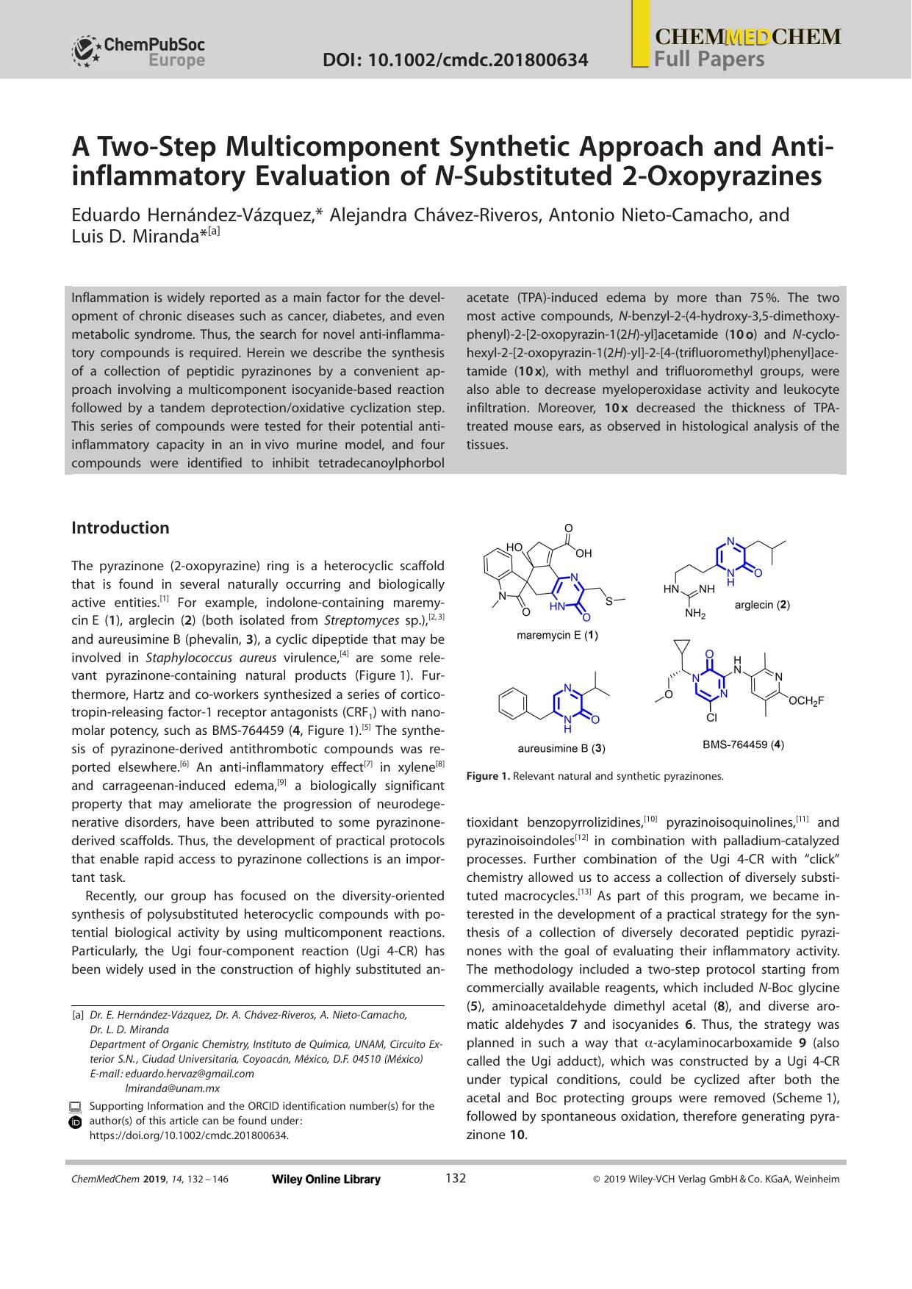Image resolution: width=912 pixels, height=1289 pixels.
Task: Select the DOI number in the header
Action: (456, 60)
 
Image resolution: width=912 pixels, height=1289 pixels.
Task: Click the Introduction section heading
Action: (121, 528)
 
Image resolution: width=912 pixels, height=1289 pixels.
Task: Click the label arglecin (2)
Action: (762, 605)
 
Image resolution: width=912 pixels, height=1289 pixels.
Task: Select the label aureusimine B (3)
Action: (561, 748)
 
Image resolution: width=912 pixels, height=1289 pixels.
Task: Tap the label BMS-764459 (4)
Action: (743, 744)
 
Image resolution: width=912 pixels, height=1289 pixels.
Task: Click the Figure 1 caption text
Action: (595, 776)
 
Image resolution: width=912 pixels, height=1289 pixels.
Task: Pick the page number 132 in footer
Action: (456, 1179)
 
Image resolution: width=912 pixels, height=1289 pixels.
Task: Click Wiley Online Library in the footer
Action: (326, 1180)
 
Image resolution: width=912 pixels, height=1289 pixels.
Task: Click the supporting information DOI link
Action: (189, 1135)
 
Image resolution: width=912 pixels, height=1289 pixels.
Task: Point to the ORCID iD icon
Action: (75, 1122)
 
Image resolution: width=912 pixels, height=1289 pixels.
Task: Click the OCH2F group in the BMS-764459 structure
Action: (806, 701)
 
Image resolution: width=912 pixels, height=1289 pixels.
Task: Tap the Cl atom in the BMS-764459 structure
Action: (711, 717)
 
